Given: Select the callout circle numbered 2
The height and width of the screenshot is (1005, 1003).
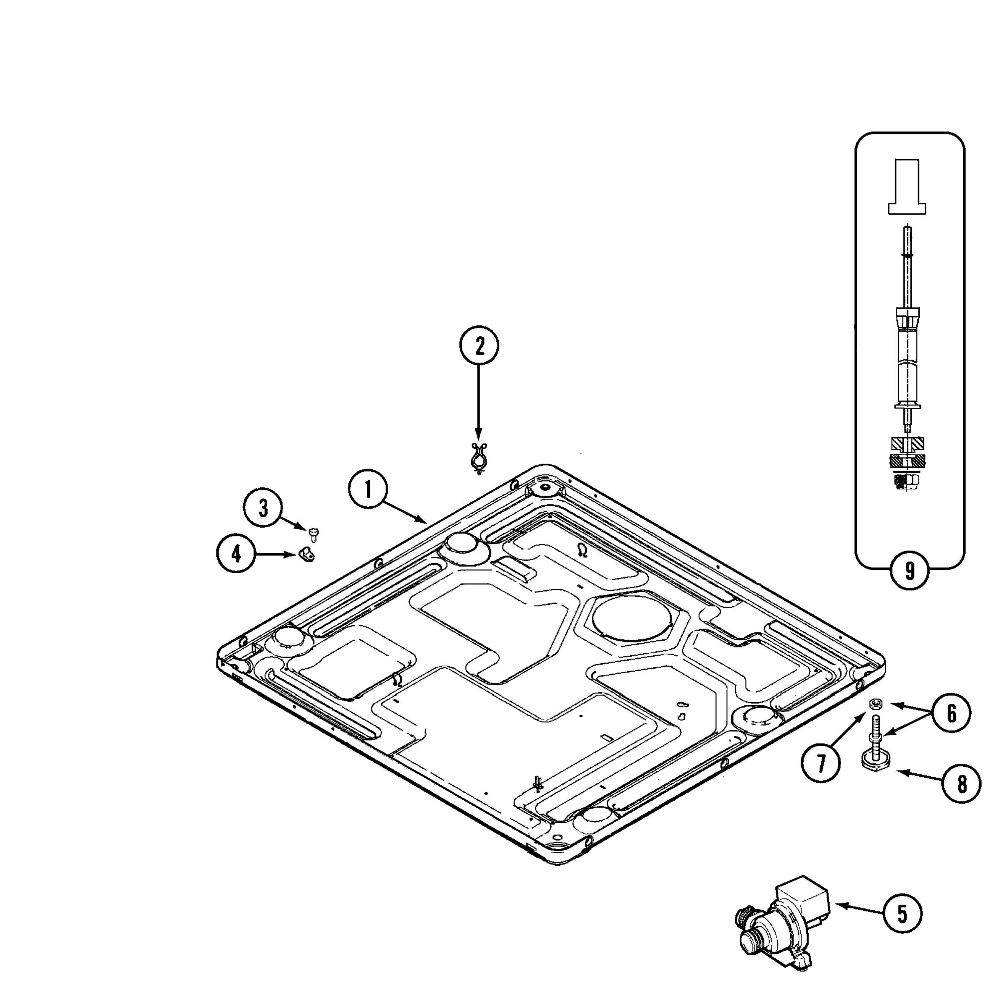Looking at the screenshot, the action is pyautogui.click(x=479, y=346).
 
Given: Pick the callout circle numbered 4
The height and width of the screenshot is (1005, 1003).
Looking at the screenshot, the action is pyautogui.click(x=236, y=555).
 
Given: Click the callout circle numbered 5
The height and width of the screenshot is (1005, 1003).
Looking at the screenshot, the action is pyautogui.click(x=902, y=913).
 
